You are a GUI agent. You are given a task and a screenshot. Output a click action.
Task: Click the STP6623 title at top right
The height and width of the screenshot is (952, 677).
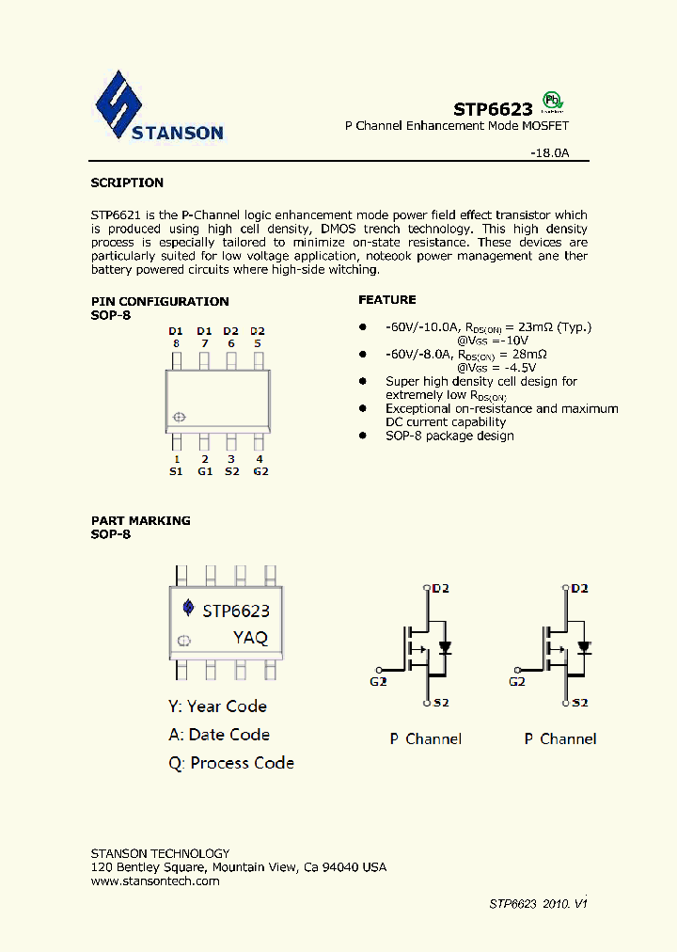tap(494, 109)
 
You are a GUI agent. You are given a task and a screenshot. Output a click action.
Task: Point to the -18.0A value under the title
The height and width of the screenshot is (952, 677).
tap(549, 151)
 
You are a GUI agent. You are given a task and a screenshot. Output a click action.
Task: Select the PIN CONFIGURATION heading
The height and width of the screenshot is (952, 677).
tap(160, 301)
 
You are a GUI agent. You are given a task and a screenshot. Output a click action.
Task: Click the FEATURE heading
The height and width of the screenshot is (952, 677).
tap(386, 299)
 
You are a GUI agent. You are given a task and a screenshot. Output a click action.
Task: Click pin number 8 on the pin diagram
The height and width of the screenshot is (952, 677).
tap(176, 343)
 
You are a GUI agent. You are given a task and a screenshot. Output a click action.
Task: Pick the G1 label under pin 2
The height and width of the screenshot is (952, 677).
tap(204, 471)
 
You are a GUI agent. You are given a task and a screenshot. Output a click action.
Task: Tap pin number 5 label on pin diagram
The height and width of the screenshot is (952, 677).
tap(258, 343)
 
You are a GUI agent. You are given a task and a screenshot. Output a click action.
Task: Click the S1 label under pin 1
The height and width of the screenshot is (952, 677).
tap(176, 471)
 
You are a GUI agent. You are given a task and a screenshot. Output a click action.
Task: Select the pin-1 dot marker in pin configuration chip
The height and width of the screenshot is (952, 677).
tap(180, 417)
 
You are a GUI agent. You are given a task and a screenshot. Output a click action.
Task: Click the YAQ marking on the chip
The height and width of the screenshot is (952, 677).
tap(250, 637)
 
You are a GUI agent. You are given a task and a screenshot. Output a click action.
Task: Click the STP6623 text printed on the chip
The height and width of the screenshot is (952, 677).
tap(236, 610)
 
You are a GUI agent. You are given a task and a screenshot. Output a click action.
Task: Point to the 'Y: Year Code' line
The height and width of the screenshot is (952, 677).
tap(217, 706)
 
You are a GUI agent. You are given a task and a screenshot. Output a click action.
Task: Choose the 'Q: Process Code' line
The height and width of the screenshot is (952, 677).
tap(231, 763)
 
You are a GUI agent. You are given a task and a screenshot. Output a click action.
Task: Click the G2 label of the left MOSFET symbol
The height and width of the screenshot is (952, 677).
tap(378, 681)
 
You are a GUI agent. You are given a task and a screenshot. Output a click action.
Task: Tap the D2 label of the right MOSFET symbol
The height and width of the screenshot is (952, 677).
tap(578, 588)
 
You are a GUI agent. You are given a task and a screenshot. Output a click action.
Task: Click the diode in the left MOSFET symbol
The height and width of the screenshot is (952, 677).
tap(446, 647)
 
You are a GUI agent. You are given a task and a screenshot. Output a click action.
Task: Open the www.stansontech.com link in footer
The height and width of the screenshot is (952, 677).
tap(155, 881)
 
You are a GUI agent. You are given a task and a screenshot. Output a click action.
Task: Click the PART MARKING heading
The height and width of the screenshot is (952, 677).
tap(140, 520)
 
